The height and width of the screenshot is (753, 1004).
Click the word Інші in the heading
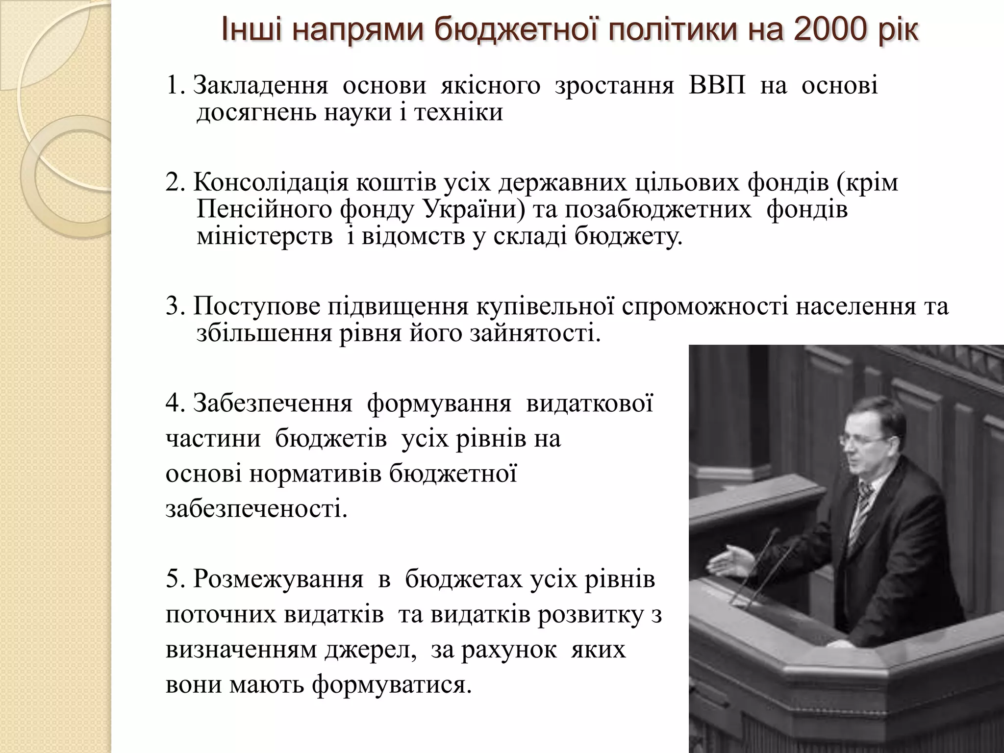coord(251,30)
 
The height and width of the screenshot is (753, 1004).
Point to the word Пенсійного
coord(264,210)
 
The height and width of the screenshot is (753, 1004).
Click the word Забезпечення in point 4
coord(273,403)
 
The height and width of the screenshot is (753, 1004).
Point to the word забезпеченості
coord(256,509)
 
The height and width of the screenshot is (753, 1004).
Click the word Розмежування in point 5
coord(278,579)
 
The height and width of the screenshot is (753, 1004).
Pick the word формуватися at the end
coord(391,684)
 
